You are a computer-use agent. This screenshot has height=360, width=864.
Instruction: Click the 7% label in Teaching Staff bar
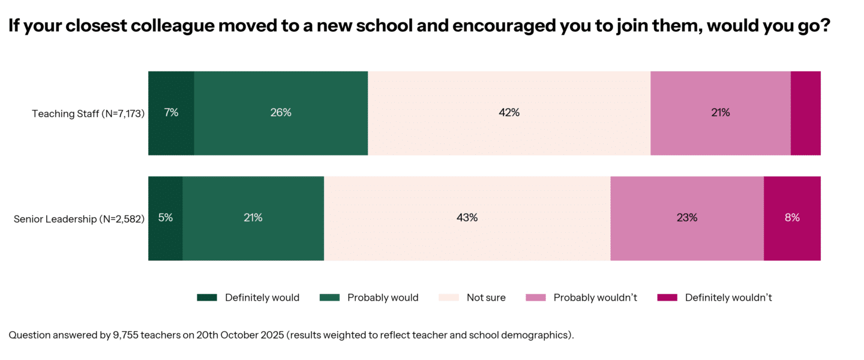172,112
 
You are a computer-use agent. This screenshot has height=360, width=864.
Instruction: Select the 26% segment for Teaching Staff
281,112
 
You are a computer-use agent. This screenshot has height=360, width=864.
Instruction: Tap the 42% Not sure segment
509,112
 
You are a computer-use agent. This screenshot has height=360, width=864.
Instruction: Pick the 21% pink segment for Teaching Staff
720,112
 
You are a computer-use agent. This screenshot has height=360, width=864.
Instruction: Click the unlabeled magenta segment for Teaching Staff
805,112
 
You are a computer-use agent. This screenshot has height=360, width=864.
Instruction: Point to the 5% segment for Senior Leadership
166,218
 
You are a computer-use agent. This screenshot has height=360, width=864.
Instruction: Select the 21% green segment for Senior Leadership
253,218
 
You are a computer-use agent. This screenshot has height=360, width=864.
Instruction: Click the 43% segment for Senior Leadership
467,218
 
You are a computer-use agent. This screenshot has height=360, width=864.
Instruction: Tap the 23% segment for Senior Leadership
687,218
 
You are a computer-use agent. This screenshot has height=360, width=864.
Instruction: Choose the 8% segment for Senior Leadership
792,218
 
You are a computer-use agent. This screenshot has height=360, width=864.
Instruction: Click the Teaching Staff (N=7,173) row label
88,113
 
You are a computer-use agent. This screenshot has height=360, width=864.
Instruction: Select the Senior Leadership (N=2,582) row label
79,219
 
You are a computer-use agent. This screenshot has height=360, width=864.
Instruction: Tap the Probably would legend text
383,298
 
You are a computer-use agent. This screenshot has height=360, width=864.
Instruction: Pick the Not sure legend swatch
449,298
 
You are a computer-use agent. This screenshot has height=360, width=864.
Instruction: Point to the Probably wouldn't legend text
595,298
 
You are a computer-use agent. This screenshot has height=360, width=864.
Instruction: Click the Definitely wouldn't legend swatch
667,298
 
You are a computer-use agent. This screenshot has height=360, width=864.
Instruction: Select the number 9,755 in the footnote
127,335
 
